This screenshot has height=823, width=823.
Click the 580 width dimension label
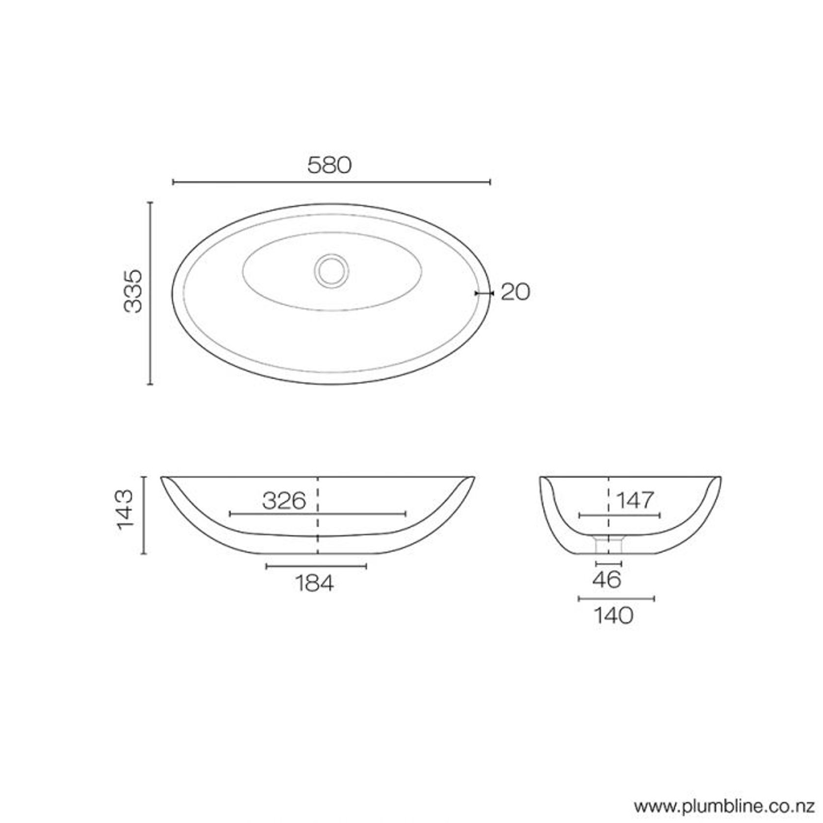329,165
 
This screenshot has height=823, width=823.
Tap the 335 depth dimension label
133,291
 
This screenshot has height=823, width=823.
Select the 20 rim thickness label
516,292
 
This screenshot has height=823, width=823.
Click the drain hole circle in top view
331,270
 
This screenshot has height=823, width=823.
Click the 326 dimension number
284,501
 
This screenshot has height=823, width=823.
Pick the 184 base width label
314,583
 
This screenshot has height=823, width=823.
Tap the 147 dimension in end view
635,500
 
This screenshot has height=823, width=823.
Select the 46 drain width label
607,580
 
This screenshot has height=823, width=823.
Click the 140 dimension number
613,615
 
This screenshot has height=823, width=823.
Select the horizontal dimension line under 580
331,182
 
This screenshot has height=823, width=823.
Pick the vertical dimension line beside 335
150,293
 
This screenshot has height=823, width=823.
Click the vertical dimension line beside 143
143,515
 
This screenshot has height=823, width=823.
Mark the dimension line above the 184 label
316,566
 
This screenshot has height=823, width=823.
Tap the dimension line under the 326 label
318,514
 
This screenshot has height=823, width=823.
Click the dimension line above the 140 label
616,599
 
